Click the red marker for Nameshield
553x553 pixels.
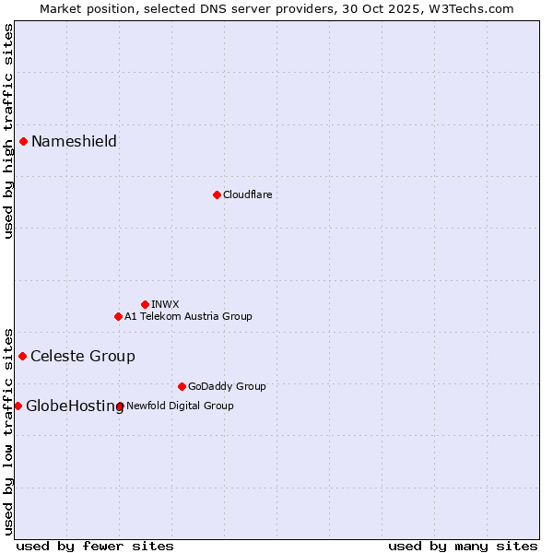point(23,141)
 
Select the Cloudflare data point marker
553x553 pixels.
point(217,194)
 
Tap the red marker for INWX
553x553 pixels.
point(145,304)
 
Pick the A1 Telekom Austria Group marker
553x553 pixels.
point(118,316)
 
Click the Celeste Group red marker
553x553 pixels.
point(22,356)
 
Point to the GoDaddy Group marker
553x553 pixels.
point(182,386)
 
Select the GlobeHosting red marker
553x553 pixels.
point(18,406)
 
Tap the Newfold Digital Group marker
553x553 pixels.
point(121,406)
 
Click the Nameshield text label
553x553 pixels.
point(74,141)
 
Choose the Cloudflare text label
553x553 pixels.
point(247,194)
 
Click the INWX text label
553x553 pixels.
point(165,304)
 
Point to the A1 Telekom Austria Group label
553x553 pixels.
point(188,316)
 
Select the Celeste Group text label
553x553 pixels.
point(83,356)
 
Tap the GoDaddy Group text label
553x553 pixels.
point(227,386)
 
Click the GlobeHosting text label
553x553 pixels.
point(75,406)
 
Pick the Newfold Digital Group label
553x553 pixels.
point(180,406)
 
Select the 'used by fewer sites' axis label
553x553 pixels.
point(95,546)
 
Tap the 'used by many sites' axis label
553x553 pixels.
point(463,546)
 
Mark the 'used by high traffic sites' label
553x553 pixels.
point(8,131)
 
